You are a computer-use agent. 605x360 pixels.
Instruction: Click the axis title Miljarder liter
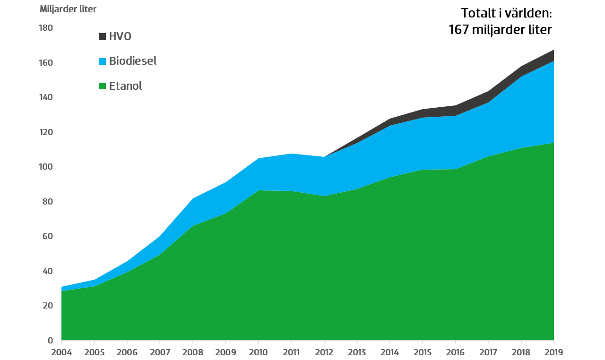(68, 9)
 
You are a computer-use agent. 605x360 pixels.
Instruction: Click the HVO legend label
(120, 36)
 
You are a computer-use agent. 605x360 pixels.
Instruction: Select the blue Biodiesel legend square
(103, 61)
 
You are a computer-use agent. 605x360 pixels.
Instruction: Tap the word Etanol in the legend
(125, 86)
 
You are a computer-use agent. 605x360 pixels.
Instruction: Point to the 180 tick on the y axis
(46, 28)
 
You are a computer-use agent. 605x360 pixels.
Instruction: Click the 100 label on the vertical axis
(46, 167)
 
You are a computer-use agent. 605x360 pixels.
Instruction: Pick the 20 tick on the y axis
(48, 306)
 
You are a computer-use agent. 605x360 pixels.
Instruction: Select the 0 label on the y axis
(50, 341)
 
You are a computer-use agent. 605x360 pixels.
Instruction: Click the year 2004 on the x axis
(61, 352)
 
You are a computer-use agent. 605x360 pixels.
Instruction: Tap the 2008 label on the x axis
(193, 352)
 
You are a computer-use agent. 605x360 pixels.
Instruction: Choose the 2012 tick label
(324, 352)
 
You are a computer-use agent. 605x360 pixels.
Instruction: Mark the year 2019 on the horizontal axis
(553, 352)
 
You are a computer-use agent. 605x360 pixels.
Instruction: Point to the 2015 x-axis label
(423, 352)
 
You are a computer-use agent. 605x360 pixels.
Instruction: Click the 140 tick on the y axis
(46, 98)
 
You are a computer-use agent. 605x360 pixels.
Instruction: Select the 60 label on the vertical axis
(48, 237)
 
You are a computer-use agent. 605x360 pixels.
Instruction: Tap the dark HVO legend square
(103, 37)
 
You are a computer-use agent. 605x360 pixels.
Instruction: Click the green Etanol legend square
(103, 86)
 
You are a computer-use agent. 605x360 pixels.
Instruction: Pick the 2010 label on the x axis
(259, 352)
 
